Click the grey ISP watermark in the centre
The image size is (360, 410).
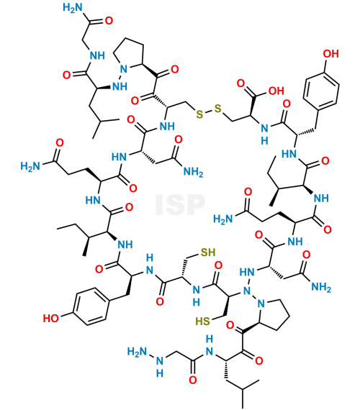[180, 205]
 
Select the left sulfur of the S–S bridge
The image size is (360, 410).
[199, 114]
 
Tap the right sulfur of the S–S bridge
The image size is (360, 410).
[217, 109]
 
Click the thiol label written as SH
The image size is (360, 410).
[208, 252]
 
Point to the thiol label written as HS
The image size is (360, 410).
[203, 321]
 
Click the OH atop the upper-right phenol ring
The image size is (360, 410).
[331, 54]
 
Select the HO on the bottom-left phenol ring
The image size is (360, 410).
[51, 318]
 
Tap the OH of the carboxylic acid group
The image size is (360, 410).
[276, 91]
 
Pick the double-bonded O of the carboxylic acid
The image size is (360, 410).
[240, 83]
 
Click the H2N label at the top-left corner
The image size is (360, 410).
[73, 8]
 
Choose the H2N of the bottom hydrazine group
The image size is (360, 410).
[138, 352]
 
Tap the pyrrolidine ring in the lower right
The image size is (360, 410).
[274, 315]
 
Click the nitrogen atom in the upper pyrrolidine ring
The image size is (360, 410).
[124, 69]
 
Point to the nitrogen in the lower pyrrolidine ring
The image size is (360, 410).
[261, 304]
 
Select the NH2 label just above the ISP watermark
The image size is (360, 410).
[193, 172]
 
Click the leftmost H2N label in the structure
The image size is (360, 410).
[30, 166]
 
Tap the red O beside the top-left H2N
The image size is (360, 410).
[109, 21]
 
